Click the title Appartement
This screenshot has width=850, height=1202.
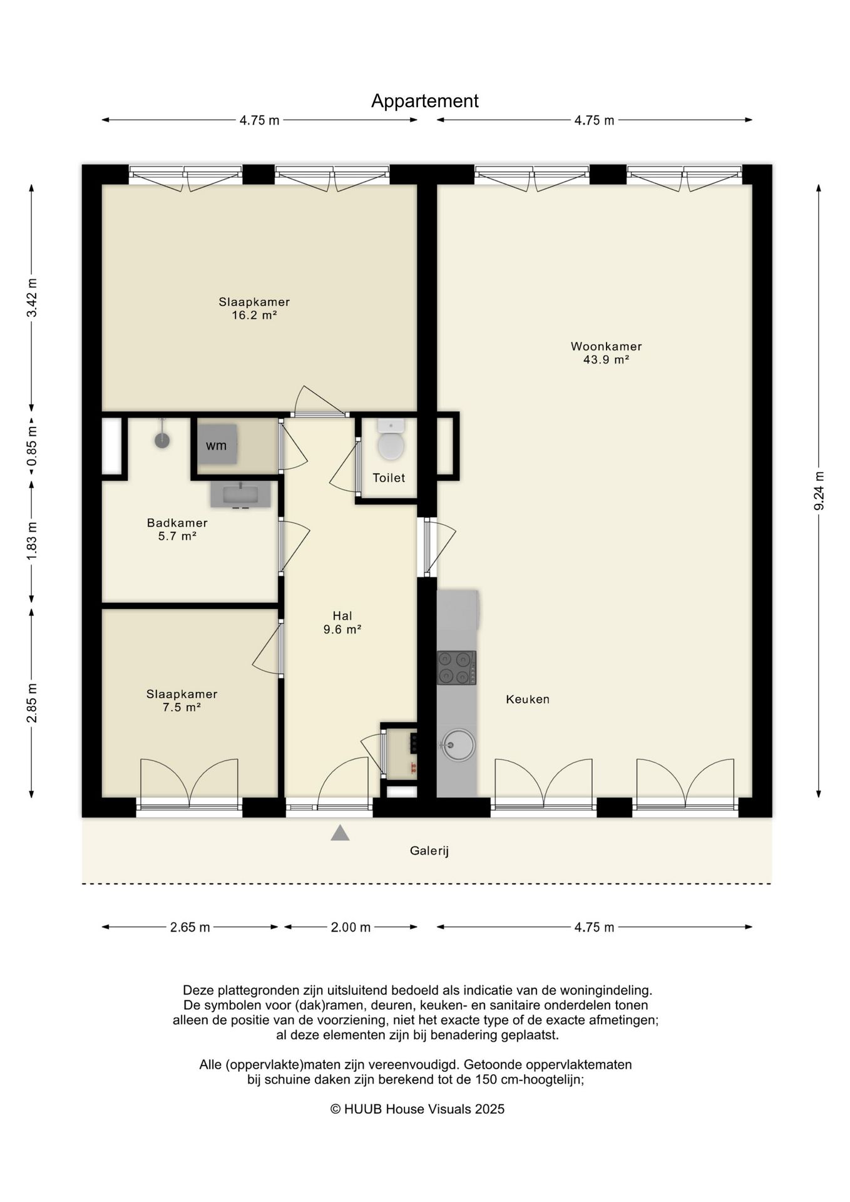[x=424, y=101]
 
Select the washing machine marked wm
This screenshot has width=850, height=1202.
[x=217, y=444]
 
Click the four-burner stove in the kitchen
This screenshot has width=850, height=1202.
[x=456, y=667]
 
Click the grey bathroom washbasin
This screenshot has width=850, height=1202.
[x=240, y=494]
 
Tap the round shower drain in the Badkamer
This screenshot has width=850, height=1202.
[x=162, y=440]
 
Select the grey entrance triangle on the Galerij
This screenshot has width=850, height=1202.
[x=340, y=833]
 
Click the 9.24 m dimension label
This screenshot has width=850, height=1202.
[x=819, y=490]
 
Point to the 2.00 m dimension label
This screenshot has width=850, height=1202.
[x=351, y=927]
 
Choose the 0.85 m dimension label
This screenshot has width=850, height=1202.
[x=32, y=445]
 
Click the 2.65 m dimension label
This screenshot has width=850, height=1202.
[x=190, y=927]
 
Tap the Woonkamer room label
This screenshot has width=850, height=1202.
[x=606, y=346]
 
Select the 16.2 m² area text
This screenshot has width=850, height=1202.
[x=254, y=315]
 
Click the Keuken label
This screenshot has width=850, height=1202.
[x=528, y=699]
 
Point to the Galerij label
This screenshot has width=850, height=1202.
[x=429, y=851]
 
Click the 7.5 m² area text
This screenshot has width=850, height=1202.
[x=181, y=707]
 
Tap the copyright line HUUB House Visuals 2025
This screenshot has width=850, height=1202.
[x=417, y=1109]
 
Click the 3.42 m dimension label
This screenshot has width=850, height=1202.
[x=32, y=297]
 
